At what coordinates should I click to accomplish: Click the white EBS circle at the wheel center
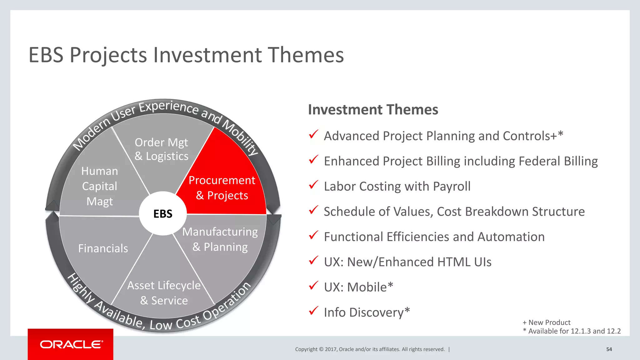click(163, 214)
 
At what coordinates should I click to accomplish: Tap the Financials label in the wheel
click(103, 248)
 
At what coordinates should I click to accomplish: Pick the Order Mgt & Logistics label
click(161, 149)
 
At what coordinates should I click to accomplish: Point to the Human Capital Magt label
click(99, 186)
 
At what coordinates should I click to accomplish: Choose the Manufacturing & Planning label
click(220, 239)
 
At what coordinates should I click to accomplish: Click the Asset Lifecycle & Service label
click(164, 293)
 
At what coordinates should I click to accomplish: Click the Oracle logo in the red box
click(71, 344)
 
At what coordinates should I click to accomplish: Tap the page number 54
click(609, 349)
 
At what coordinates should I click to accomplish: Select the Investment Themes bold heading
click(373, 110)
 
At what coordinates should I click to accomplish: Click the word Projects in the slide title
click(108, 55)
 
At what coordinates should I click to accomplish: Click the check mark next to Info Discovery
click(313, 311)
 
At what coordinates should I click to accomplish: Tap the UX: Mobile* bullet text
click(358, 287)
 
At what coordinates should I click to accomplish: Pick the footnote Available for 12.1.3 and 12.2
click(572, 331)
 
